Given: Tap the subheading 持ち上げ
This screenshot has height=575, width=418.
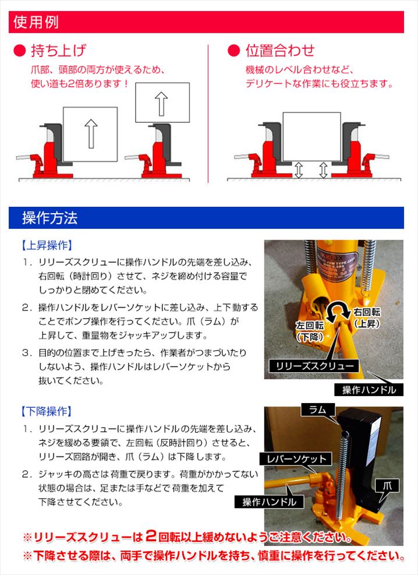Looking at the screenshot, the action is pyautogui.click(x=59, y=50).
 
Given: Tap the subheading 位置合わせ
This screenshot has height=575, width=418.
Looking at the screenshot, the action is pyautogui.click(x=280, y=50).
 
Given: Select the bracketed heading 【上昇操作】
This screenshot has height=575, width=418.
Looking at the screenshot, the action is pyautogui.click(x=47, y=245).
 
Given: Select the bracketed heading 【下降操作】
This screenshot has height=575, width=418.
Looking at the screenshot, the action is pyautogui.click(x=47, y=411).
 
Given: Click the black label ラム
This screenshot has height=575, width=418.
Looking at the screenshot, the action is pyautogui.click(x=318, y=410).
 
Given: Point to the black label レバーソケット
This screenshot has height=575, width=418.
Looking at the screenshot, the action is pyautogui.click(x=296, y=458).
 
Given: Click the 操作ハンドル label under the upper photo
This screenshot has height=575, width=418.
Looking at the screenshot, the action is pyautogui.click(x=369, y=390).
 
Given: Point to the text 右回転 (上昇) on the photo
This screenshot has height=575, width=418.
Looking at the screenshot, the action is pyautogui.click(x=366, y=318).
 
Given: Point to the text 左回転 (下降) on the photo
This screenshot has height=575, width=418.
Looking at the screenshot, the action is pyautogui.click(x=310, y=331).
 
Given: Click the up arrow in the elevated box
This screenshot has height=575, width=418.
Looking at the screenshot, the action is pyautogui.click(x=161, y=104).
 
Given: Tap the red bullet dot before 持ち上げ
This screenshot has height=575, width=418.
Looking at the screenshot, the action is pyautogui.click(x=19, y=51).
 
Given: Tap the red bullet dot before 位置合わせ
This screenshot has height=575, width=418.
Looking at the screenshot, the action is pyautogui.click(x=233, y=51).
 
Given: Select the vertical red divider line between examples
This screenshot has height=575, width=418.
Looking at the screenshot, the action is pyautogui.click(x=208, y=114).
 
